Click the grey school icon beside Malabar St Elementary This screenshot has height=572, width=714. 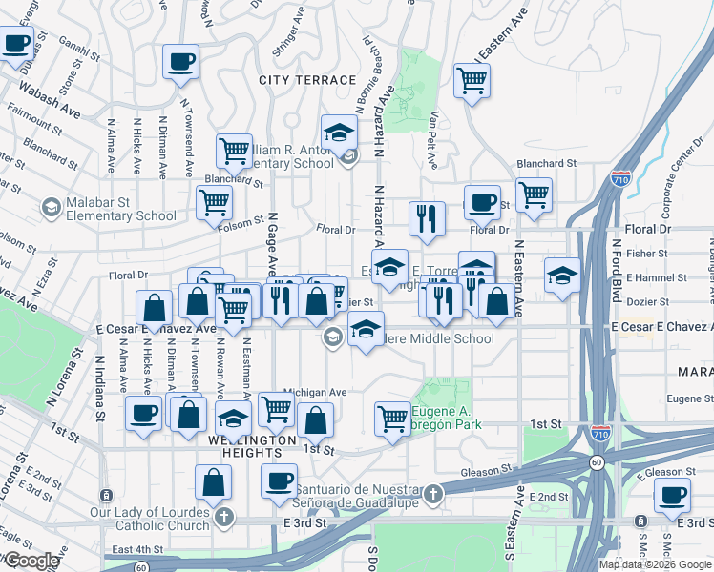tap(51, 207)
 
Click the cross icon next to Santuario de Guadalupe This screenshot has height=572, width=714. tap(434, 493)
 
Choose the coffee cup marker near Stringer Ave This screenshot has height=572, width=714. tap(180, 63)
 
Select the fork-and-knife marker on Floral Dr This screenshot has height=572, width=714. tap(427, 218)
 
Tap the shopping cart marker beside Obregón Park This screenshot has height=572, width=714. tap(392, 418)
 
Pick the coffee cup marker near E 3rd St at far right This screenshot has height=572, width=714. tap(673, 496)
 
